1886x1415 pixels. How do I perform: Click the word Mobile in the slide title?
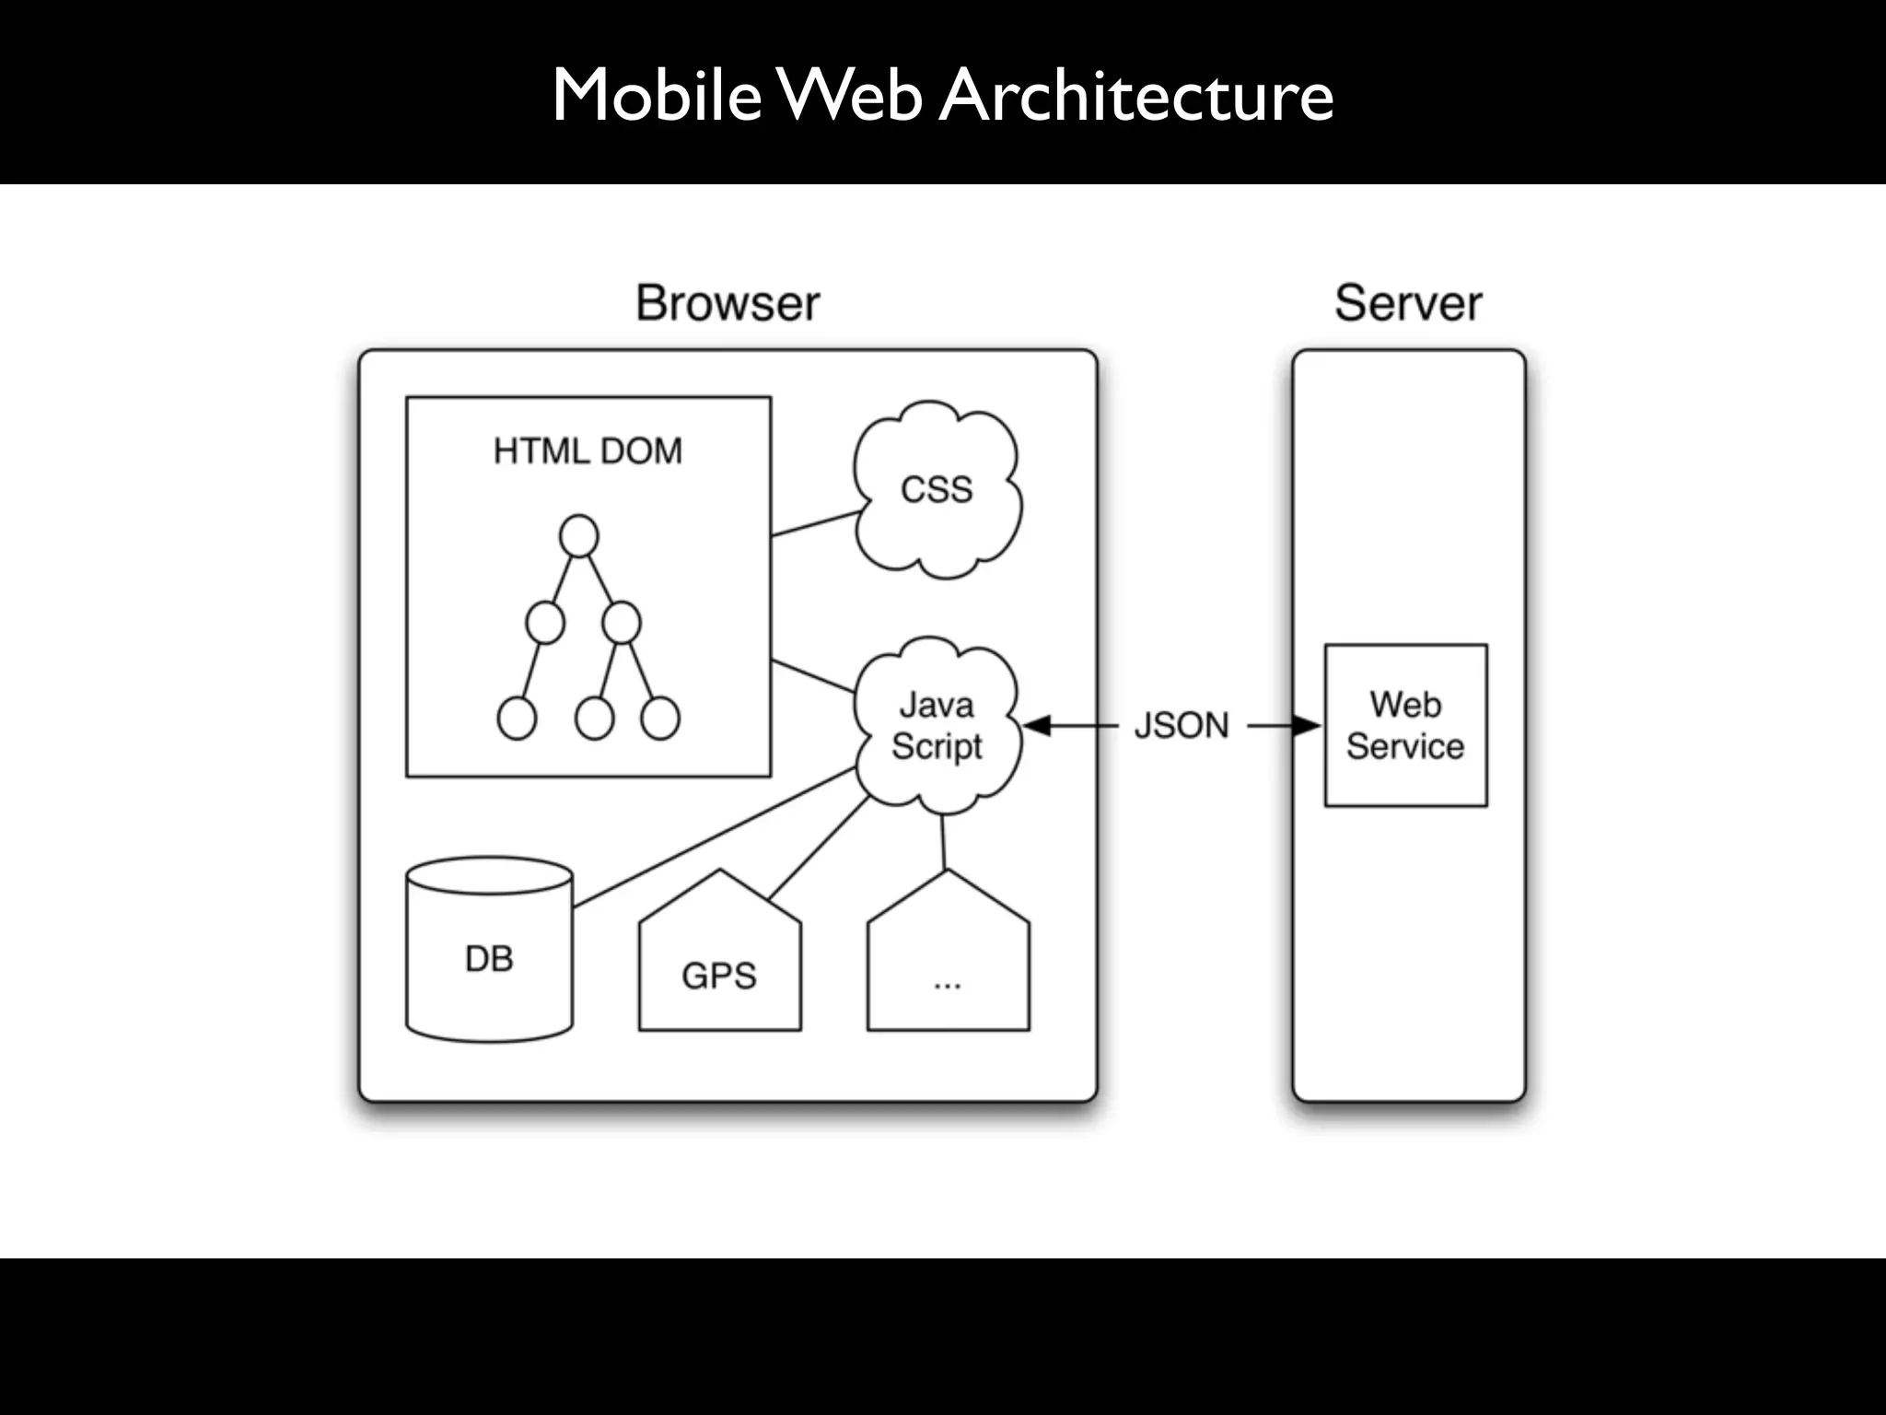pyautogui.click(x=656, y=95)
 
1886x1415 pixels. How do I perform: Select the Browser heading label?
pyautogui.click(x=728, y=303)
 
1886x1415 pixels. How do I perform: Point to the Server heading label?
pyautogui.click(x=1408, y=303)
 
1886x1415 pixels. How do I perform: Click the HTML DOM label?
pyautogui.click(x=588, y=451)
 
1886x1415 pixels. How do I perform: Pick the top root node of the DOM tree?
pyautogui.click(x=578, y=536)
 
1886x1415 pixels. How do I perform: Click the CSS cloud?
pyautogui.click(x=937, y=489)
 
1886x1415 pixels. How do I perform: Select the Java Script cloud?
pyautogui.click(x=937, y=726)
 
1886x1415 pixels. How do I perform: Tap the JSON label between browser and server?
pyautogui.click(x=1182, y=726)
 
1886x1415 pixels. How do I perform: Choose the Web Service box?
pyautogui.click(x=1405, y=726)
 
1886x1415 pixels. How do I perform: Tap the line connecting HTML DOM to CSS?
pyautogui.click(x=815, y=524)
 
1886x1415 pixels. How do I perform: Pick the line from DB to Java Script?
pyautogui.click(x=714, y=837)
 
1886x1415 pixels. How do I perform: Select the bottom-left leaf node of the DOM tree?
pyautogui.click(x=517, y=719)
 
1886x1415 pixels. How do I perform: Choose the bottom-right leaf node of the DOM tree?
pyautogui.click(x=660, y=719)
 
